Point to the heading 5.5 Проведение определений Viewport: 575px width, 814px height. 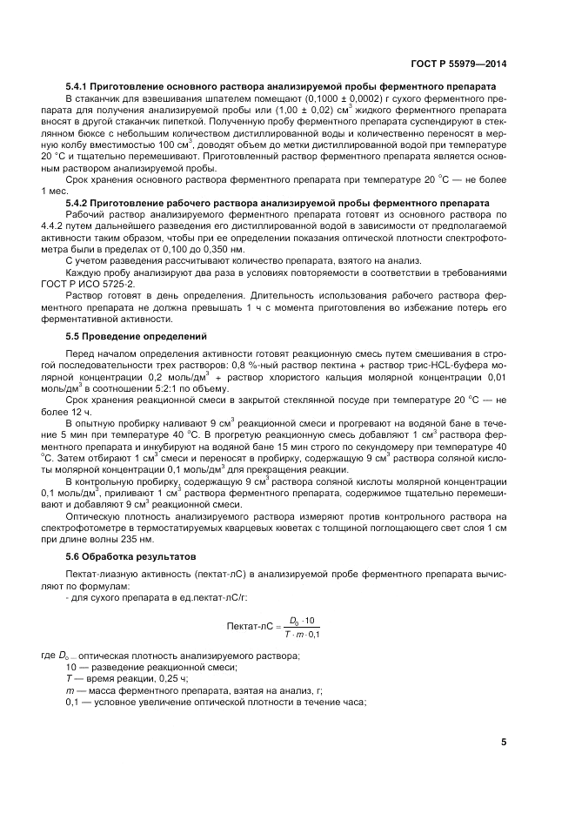[x=124, y=334]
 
